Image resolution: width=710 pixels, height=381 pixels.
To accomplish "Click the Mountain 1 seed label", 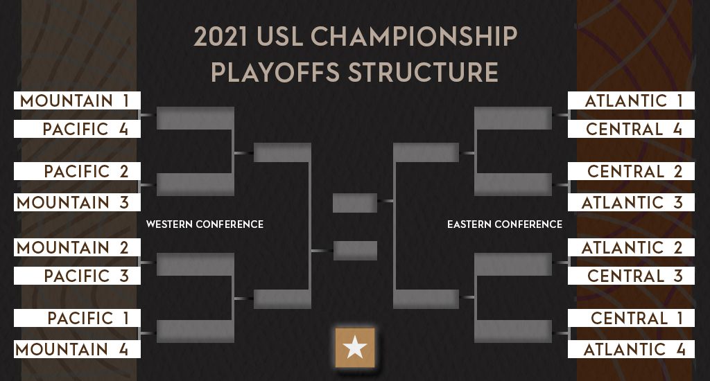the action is coord(77,100).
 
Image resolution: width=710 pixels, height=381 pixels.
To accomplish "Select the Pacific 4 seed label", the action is coord(77,129).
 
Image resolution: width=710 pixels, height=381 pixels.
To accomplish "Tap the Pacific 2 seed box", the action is coord(77,171).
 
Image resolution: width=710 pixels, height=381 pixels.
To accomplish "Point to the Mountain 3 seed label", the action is coord(77,202).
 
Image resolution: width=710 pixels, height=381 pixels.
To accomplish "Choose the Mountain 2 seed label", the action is coord(77,247).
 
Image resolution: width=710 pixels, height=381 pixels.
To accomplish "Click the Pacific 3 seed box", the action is coord(77,276).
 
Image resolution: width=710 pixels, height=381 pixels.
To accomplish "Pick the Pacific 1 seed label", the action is coord(77,318).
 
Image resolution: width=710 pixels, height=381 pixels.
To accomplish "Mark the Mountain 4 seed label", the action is coord(77,349).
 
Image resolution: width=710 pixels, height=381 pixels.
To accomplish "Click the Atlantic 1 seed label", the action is coord(631,100).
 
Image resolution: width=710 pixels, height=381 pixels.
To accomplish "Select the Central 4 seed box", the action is coord(631,129).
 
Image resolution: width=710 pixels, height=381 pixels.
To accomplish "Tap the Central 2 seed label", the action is coord(631,171).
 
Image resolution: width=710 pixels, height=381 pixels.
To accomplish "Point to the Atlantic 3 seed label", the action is coord(631,202).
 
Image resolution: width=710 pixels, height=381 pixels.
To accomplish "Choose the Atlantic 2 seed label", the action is coord(631,247).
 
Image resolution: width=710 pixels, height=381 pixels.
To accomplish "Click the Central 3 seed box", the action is coord(631,276).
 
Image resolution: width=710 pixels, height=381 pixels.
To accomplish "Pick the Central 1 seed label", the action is coord(631,318).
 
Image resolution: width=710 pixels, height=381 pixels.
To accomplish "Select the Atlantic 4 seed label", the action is coord(631,349).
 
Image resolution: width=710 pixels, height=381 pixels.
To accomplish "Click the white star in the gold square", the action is coord(355,348).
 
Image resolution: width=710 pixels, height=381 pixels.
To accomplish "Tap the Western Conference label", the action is coord(205,224).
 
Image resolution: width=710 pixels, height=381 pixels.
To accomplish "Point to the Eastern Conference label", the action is coord(505,224).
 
